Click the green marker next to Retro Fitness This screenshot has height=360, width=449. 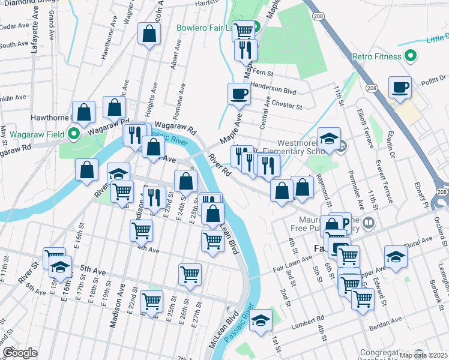[x=411, y=57]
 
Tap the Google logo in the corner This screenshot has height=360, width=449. [x=20, y=353]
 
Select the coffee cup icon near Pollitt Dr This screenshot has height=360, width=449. [x=400, y=88]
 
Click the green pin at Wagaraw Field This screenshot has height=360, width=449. [x=74, y=133]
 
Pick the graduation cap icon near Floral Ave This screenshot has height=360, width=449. [x=396, y=256]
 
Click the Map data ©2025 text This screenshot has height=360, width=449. [x=423, y=355]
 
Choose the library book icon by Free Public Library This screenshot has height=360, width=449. [x=369, y=223]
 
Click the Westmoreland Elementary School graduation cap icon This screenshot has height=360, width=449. [x=329, y=139]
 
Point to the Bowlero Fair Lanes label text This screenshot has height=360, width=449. [x=205, y=28]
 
